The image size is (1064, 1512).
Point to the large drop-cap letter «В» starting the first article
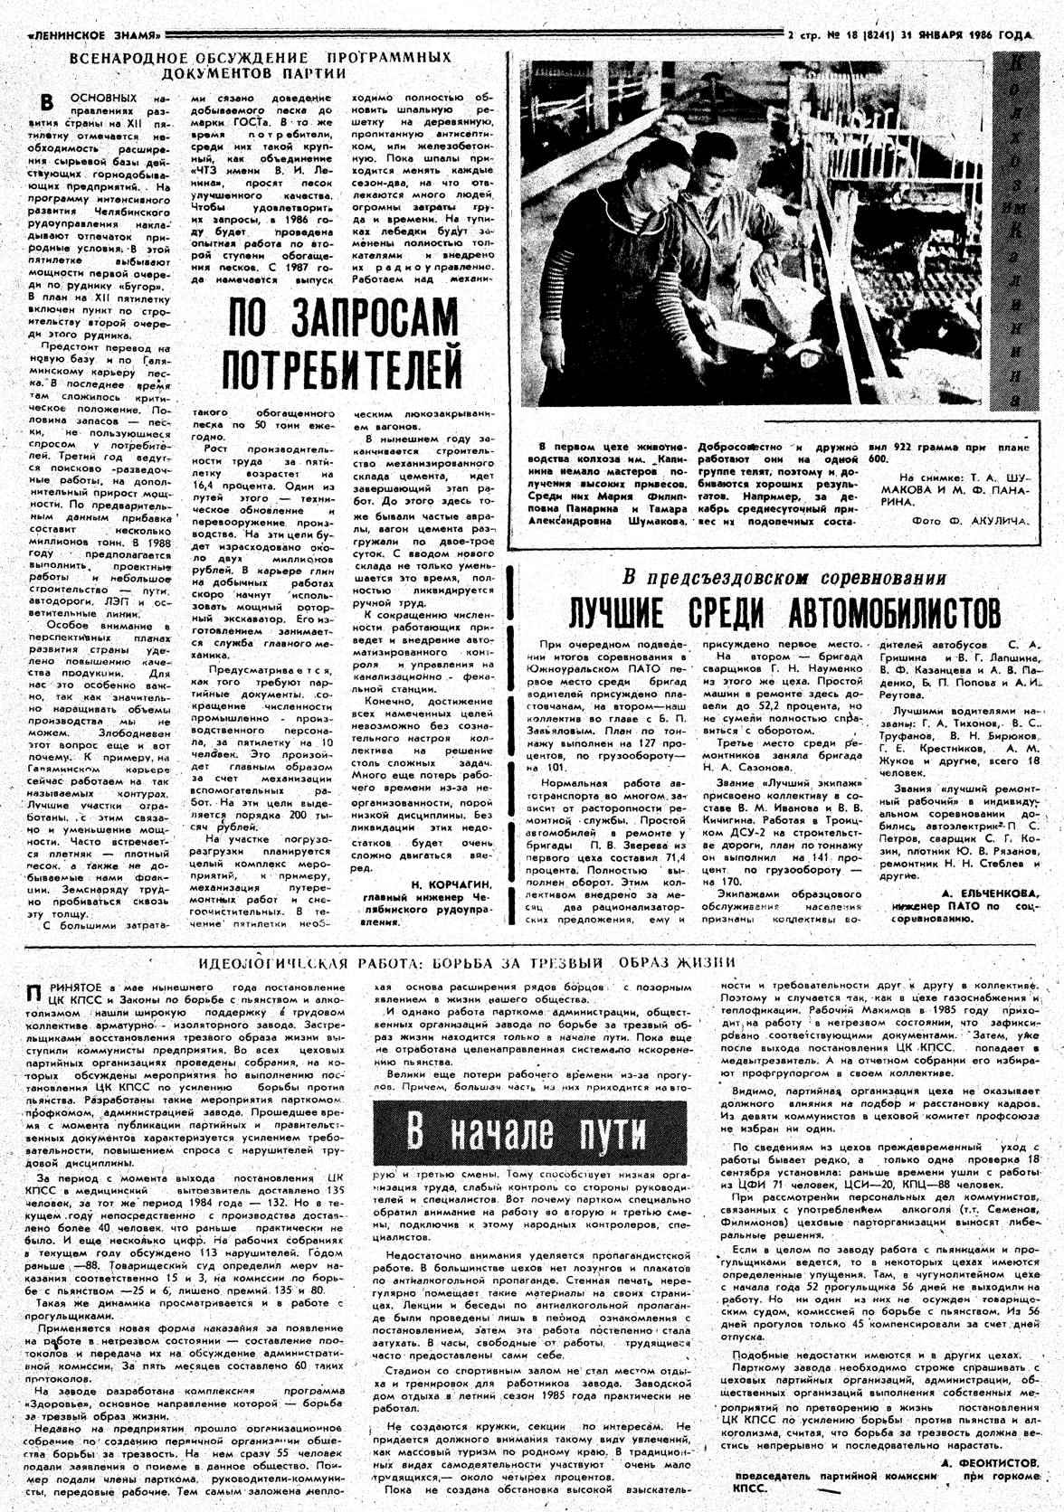(x=54, y=101)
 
